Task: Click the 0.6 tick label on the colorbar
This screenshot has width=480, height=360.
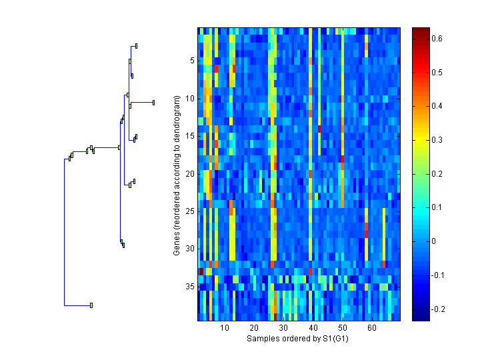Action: (437, 39)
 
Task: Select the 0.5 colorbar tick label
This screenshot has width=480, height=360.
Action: (437, 73)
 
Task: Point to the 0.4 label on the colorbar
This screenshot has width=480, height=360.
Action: (437, 106)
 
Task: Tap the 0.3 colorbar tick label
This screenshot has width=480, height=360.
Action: (437, 140)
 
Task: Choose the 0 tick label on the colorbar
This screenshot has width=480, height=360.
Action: (435, 241)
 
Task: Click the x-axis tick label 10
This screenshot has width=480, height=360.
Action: (225, 329)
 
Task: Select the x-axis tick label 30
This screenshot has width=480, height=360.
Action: (283, 329)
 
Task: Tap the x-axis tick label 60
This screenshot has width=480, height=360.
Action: (371, 329)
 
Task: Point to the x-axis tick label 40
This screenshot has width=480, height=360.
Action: (313, 329)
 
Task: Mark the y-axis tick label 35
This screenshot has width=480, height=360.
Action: (189, 287)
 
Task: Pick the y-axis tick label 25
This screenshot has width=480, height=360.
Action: (189, 211)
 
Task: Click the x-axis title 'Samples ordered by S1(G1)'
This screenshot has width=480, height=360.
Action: (298, 339)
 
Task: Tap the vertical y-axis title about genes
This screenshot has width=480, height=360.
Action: (177, 175)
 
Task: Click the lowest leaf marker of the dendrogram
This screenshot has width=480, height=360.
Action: (91, 305)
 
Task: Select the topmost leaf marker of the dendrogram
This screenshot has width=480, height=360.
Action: (136, 46)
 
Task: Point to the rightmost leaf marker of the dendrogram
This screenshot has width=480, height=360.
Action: (153, 102)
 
